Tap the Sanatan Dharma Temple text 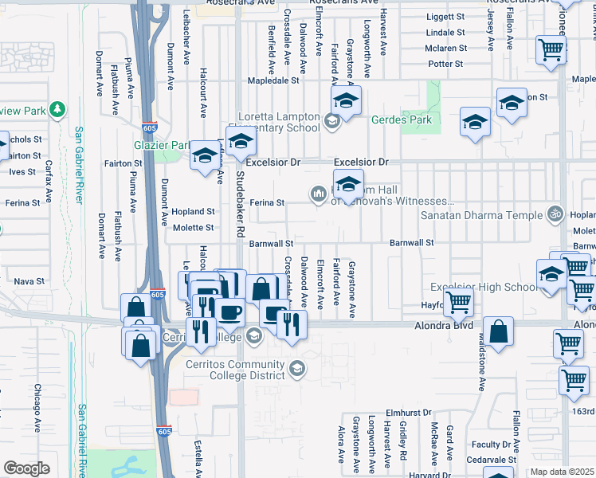(480, 214)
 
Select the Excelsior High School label (484, 287)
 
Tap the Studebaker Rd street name (240, 204)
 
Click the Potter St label (445, 63)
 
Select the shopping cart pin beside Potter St (551, 50)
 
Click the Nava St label (29, 281)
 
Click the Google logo (27, 468)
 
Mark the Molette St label (194, 227)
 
